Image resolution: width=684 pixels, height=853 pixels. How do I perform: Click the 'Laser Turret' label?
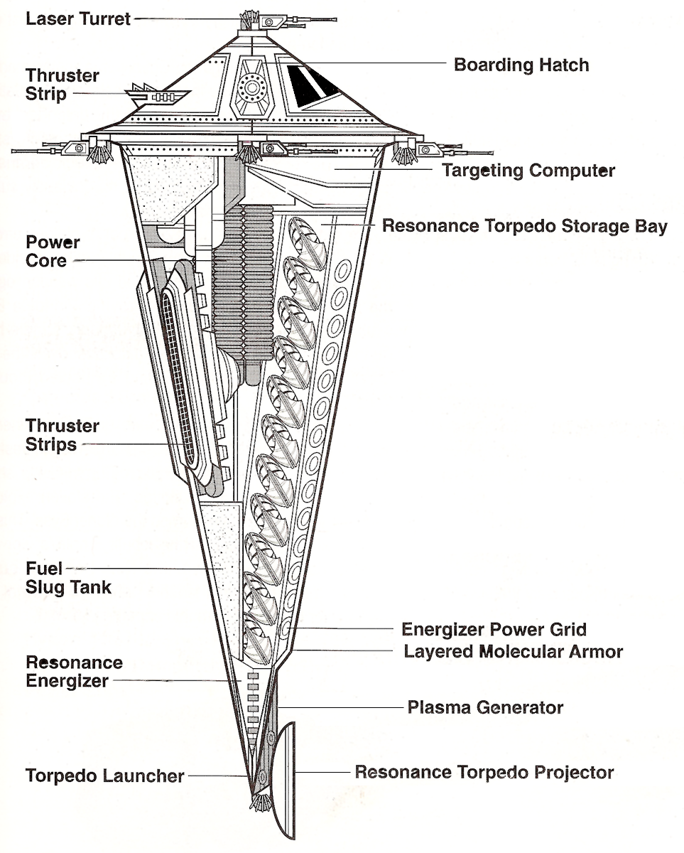[78, 18]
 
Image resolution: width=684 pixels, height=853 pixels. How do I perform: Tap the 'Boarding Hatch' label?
[521, 65]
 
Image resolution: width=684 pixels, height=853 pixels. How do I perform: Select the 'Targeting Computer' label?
[528, 171]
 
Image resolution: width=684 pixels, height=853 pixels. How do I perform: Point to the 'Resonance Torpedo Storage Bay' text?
[525, 226]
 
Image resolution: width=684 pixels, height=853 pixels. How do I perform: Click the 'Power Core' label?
[53, 252]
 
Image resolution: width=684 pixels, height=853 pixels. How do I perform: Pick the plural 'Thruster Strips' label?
[62, 435]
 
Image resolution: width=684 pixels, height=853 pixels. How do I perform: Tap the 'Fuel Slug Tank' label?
[68, 578]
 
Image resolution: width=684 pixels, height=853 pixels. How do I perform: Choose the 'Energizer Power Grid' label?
[494, 629]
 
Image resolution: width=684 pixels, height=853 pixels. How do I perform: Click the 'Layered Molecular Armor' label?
[513, 651]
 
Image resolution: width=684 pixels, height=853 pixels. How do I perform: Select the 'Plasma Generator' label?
[485, 707]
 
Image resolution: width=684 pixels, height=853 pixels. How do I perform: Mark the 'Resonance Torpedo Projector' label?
[484, 772]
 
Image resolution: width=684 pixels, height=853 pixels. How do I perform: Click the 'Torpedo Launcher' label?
[105, 776]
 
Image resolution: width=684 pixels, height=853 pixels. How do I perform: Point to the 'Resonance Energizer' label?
[74, 672]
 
